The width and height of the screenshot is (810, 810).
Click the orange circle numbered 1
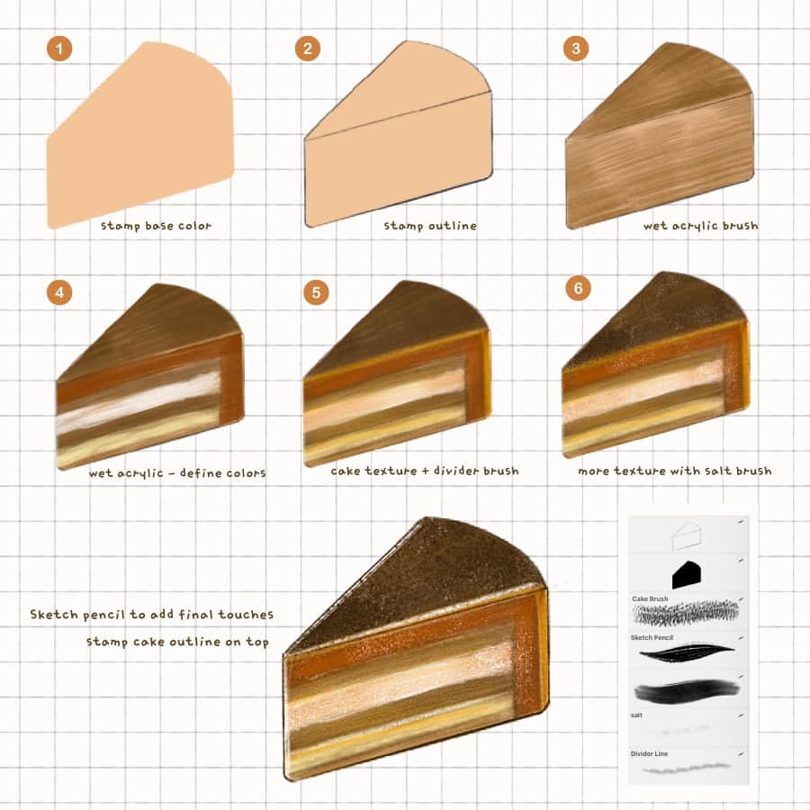(59, 49)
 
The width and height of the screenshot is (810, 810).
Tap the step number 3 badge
(575, 49)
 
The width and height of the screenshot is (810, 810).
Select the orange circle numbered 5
(316, 292)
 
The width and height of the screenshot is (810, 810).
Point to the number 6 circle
(578, 288)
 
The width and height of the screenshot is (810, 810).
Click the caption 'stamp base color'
(156, 226)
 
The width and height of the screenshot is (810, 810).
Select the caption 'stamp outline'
(430, 226)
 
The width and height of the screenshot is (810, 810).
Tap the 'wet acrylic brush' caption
(701, 226)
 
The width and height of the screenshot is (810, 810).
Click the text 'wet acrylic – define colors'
(177, 472)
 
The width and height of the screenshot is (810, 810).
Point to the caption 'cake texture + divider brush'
(425, 471)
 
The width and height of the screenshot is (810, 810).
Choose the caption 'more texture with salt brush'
(675, 471)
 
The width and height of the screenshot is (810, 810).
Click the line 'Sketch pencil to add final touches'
(151, 614)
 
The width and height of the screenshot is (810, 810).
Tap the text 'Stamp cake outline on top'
(177, 642)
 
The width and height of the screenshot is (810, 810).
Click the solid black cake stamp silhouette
(687, 574)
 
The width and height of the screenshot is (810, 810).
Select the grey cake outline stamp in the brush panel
(687, 535)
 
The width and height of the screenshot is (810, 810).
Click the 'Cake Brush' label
(650, 598)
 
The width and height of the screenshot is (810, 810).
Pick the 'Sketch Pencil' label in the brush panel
(652, 637)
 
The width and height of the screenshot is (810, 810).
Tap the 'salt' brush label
(636, 715)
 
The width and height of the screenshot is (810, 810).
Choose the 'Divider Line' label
(649, 753)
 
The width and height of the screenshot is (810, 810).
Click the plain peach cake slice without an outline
(140, 135)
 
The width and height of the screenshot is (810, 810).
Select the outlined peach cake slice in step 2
(399, 134)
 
